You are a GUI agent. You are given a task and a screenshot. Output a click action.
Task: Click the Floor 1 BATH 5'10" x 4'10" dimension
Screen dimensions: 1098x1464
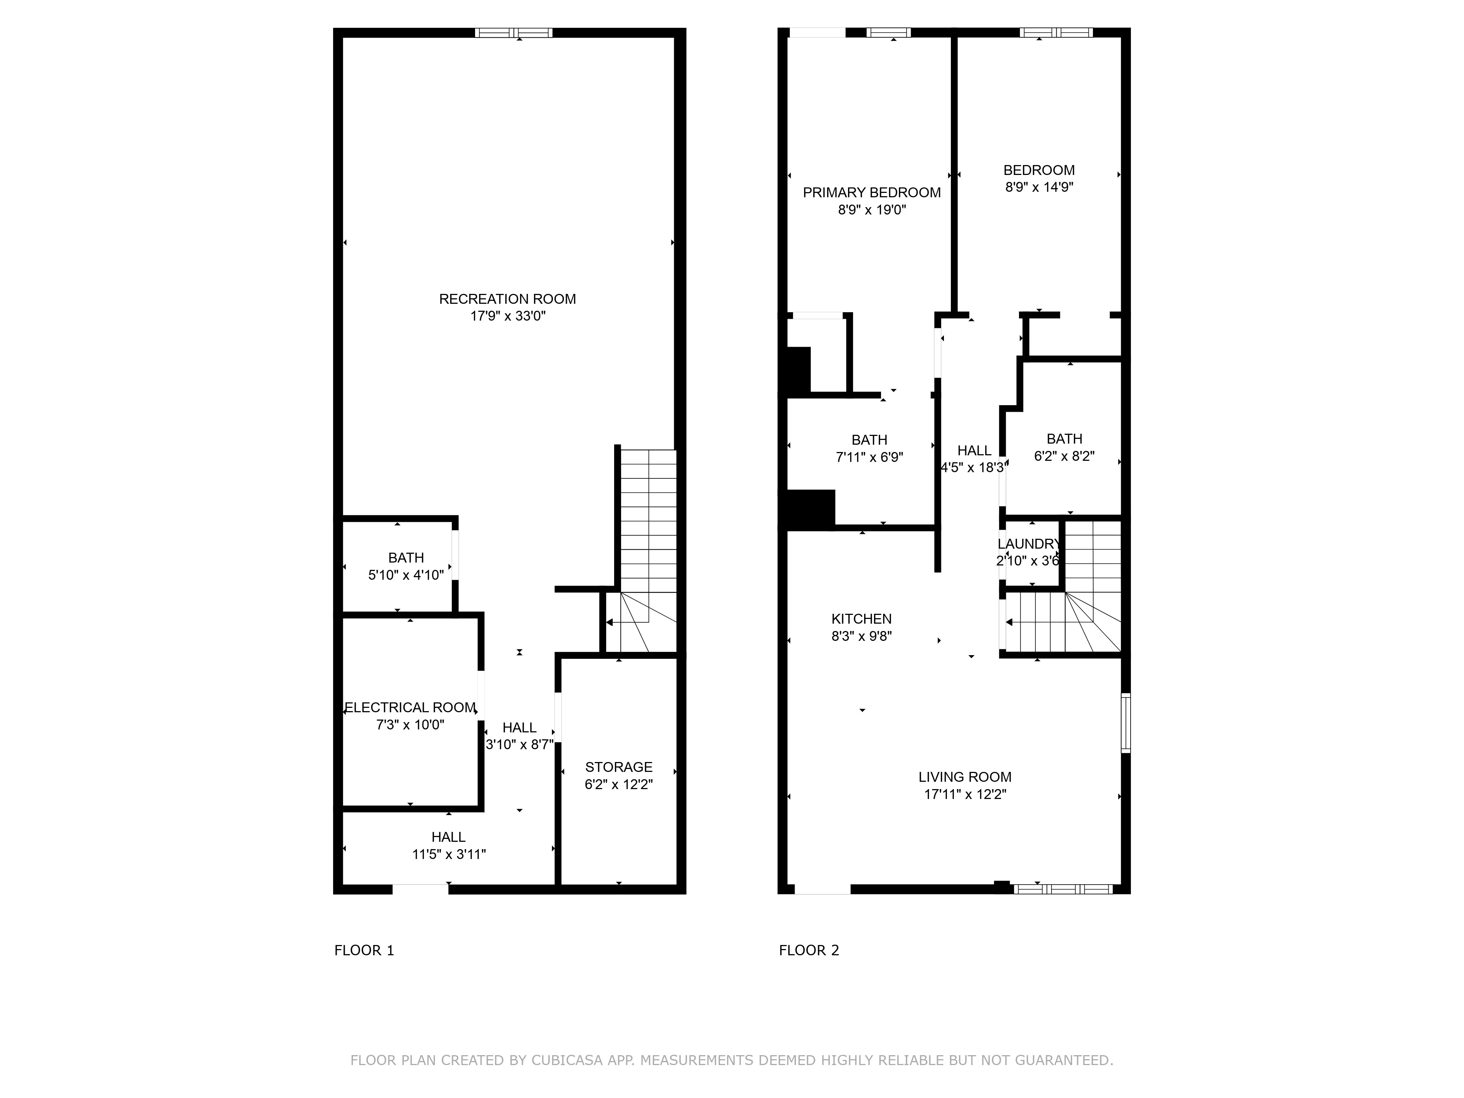pos(406,575)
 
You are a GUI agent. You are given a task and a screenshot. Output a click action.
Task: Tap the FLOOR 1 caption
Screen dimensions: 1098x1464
pos(364,951)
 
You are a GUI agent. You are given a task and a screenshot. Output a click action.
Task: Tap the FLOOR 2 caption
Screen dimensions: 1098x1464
pos(809,951)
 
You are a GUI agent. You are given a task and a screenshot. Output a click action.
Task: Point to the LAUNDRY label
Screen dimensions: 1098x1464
pos(1028,544)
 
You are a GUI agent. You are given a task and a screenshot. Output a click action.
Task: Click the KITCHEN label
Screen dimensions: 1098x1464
pos(861,619)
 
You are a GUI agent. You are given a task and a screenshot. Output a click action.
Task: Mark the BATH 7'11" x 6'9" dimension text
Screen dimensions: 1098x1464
pos(869,457)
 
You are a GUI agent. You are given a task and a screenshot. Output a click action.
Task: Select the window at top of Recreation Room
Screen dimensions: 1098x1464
pos(513,33)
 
